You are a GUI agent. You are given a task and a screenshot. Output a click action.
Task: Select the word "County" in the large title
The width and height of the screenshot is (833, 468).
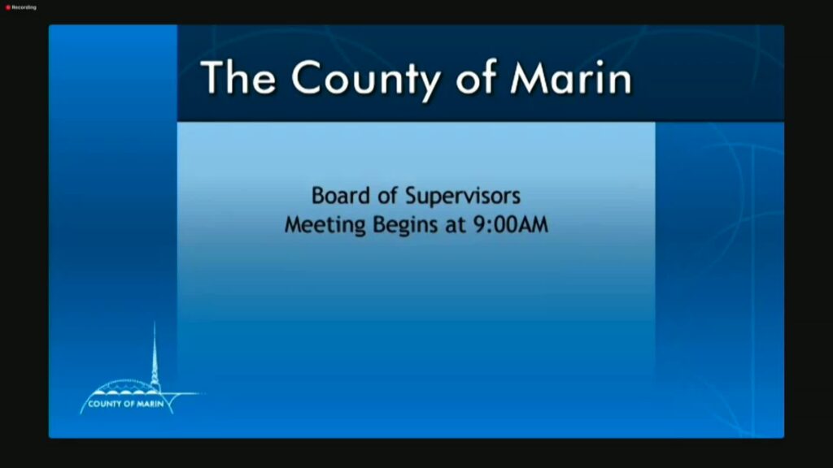tap(366, 80)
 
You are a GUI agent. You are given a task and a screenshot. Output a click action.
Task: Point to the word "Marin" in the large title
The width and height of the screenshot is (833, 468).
tap(571, 78)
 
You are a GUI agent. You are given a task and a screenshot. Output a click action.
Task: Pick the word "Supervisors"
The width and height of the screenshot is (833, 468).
tap(463, 197)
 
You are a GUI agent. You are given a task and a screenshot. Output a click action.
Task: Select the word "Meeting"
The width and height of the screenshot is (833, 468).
tap(325, 225)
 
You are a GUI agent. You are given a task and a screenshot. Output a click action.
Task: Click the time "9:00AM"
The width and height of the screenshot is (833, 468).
tap(511, 224)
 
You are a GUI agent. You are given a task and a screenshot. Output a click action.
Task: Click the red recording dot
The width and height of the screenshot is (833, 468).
tap(8, 7)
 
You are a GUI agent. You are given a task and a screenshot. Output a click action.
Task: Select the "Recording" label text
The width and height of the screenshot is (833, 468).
tap(24, 7)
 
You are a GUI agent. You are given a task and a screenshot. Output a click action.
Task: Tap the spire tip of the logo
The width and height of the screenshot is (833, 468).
tap(155, 322)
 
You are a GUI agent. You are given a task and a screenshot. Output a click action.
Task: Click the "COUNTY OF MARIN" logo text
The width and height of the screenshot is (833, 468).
tap(126, 404)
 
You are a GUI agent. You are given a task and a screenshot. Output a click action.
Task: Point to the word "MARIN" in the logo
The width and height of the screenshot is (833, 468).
tap(150, 404)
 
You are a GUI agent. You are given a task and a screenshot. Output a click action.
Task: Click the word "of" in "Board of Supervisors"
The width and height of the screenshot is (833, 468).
tap(387, 196)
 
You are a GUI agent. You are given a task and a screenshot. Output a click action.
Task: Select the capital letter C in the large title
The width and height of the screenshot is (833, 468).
tap(308, 78)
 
